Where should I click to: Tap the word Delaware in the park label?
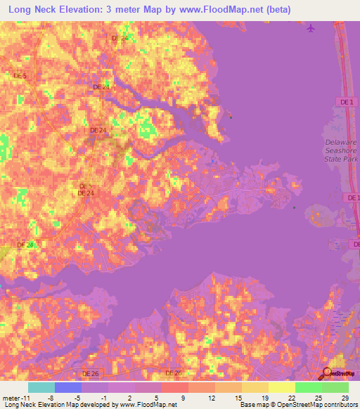point(340,142)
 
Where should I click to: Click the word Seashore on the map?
point(341,150)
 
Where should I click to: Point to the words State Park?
point(341,159)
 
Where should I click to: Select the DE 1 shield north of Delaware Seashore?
point(345,103)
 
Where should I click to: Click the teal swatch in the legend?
point(41,388)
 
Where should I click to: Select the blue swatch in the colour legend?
point(68,388)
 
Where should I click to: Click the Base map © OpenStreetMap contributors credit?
point(297,404)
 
